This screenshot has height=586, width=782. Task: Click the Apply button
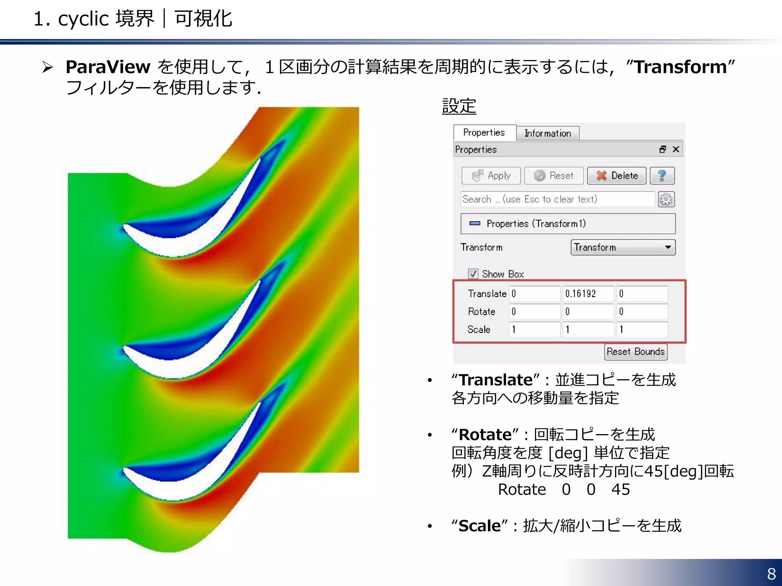tap(491, 175)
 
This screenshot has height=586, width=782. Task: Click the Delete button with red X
tap(616, 175)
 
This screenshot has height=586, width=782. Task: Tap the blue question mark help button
tap(662, 175)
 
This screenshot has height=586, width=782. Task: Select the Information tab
tap(548, 133)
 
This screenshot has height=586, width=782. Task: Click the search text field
tap(557, 199)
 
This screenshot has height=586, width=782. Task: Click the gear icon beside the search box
tap(666, 199)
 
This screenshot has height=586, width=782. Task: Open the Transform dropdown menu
tap(623, 247)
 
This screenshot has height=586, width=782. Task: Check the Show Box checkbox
tap(473, 274)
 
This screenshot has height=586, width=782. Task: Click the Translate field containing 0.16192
tap(588, 293)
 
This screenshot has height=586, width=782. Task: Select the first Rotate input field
tap(535, 311)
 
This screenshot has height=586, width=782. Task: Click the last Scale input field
tap(642, 329)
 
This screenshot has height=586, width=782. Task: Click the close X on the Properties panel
tap(676, 149)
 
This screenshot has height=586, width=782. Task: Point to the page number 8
tap(771, 574)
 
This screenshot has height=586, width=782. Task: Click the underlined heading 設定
tap(459, 106)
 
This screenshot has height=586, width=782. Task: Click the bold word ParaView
tap(108, 67)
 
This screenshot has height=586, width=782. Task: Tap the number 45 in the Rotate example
tap(620, 489)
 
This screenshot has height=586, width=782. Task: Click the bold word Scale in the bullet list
tap(480, 526)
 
